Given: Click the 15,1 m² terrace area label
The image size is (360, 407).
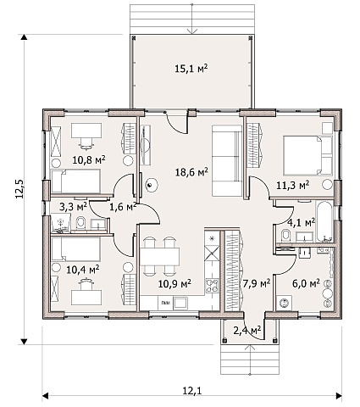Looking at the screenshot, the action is pos(191,69).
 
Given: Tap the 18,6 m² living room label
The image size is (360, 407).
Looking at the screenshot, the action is pos(191,171).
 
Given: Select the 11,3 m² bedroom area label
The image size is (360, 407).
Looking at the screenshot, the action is pos(292,185).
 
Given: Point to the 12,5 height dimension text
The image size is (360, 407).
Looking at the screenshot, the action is pos(20,189).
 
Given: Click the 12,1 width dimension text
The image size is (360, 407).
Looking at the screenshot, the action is pos(192,391).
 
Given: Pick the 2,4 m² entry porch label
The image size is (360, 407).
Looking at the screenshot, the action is pos(246,330).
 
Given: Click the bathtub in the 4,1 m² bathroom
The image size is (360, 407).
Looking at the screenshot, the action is pos(324,221).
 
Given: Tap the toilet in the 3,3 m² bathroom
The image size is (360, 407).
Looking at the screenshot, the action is pos(80,223).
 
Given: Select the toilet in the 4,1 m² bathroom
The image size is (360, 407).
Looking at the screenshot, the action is pos(286,236).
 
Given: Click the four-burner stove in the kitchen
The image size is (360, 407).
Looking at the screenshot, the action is pos(212,286).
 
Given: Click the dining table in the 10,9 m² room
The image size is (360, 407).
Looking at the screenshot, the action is pos(160,257).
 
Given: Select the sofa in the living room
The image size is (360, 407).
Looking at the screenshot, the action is pos(227,161).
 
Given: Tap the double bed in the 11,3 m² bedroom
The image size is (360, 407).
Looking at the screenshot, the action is pos(308,154).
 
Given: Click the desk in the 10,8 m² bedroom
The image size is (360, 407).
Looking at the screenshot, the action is pos(86,130).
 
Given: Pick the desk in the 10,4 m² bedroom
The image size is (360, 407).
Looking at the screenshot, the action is pos(86,298).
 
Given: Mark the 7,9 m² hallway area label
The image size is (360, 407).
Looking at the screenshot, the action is pos(257,282).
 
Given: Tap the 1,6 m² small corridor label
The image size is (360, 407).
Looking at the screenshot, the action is pos(123,207).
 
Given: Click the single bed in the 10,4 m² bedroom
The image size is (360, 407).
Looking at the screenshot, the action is pos(76,249).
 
